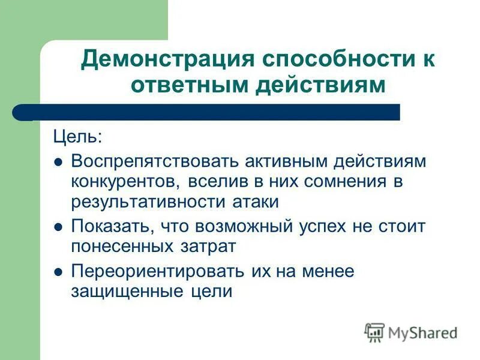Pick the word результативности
tap(148, 202)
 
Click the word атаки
tap(254, 202)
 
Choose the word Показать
tap(110, 227)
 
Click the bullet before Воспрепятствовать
tap(58, 163)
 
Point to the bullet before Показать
tap(58, 227)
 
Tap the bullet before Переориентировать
tap(58, 272)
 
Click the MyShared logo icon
tap(374, 332)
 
